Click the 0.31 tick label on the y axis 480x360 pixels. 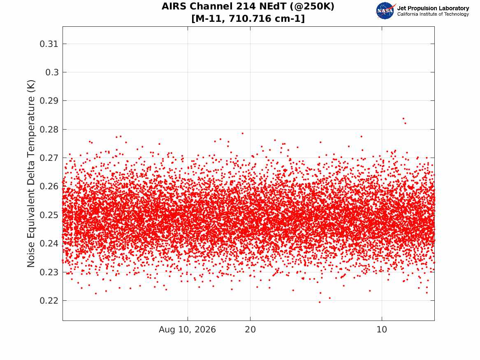(x=49, y=44)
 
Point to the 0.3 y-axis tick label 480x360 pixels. (x=52, y=72)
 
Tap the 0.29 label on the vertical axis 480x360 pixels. (x=49, y=101)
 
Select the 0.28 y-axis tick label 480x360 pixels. (x=49, y=130)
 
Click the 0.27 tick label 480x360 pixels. (x=49, y=158)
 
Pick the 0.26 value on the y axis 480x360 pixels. (x=49, y=186)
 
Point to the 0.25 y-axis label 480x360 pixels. (x=49, y=215)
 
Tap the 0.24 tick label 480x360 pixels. (x=49, y=244)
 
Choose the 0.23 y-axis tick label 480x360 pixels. (x=49, y=272)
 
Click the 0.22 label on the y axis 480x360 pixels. (x=49, y=301)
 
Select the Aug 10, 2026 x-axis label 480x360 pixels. (x=187, y=330)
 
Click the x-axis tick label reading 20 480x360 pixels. (x=250, y=330)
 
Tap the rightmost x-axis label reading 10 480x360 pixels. (x=382, y=330)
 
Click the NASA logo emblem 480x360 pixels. (x=385, y=11)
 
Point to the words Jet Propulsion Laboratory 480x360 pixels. (x=433, y=8)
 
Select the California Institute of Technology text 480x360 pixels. (x=433, y=14)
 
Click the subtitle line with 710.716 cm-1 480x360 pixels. (x=248, y=19)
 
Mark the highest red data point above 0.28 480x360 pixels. (x=403, y=118)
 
